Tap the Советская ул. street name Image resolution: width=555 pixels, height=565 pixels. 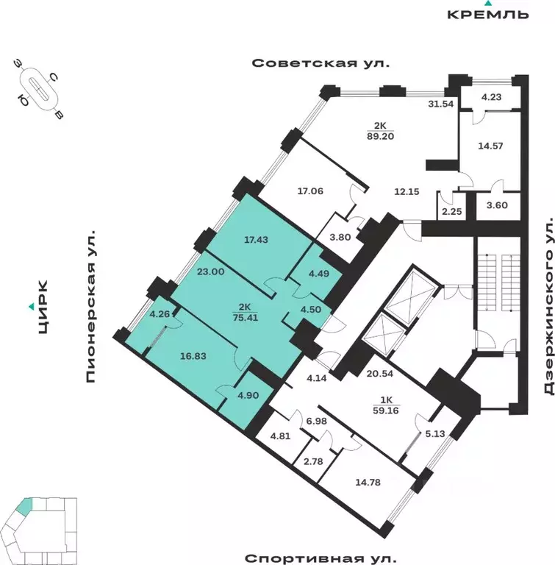pos(321,63)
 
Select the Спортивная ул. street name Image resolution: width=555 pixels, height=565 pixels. pos(320,557)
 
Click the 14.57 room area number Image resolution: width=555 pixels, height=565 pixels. pos(490,146)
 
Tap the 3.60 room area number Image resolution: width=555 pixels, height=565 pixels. pos(498,206)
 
